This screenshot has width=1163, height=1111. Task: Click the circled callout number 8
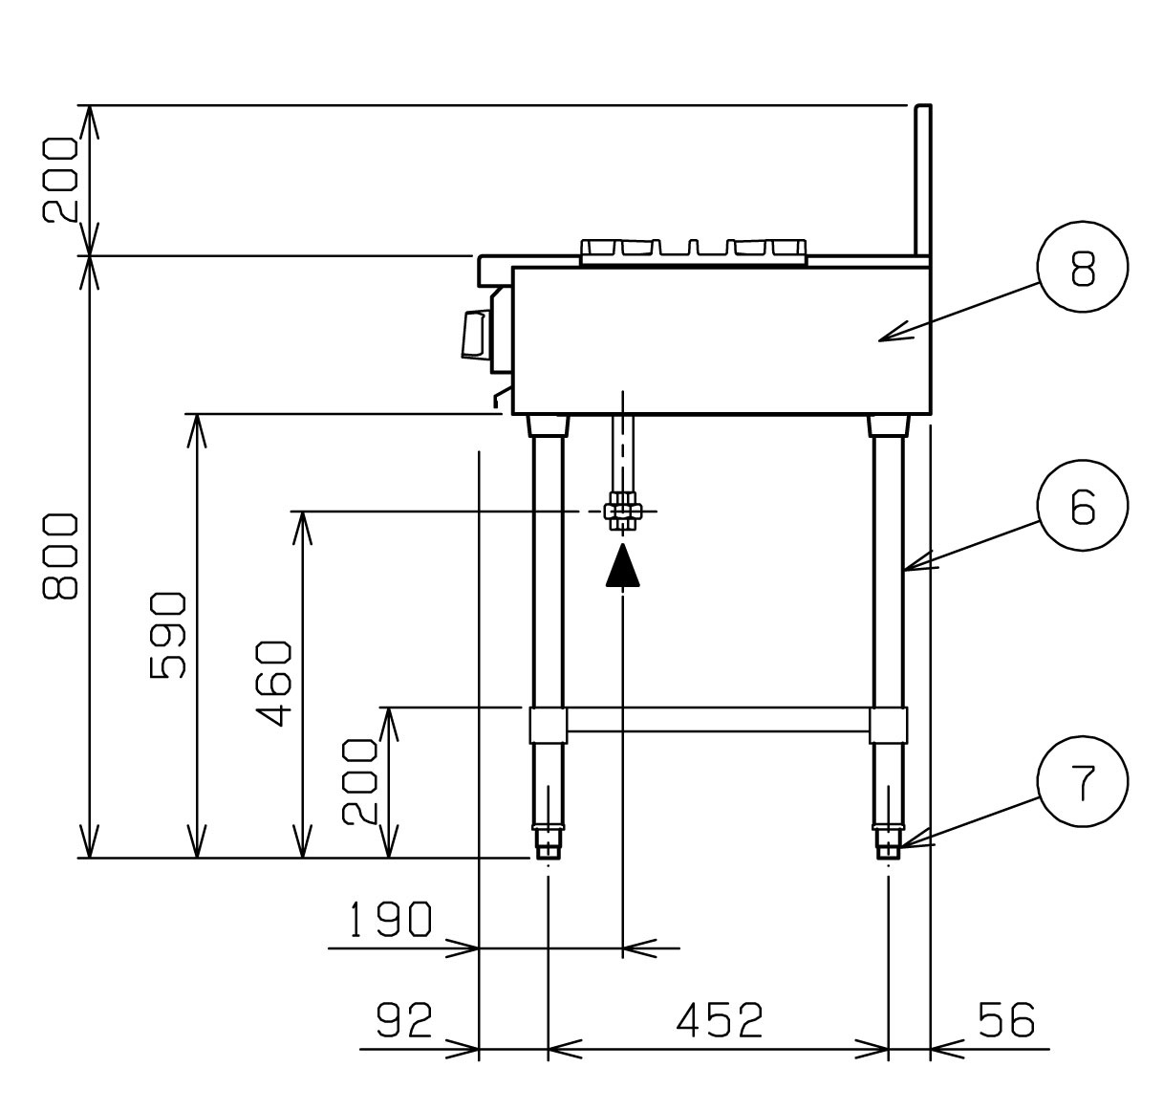[x=1083, y=267]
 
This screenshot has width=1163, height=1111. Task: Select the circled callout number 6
[x=1083, y=505]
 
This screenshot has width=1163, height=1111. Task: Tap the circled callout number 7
[x=1083, y=781]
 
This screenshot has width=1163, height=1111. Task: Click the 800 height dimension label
[x=60, y=556]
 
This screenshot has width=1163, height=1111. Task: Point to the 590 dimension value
[x=168, y=635]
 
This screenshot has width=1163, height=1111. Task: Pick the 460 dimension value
[x=273, y=684]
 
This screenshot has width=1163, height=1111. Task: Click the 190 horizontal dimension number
[x=390, y=919]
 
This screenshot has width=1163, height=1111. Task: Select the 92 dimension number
[x=404, y=1020]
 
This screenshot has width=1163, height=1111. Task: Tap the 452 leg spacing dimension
[x=720, y=1020]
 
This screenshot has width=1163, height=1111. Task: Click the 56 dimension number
[x=1006, y=1020]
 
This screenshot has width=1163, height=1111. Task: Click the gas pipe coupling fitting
[x=623, y=512]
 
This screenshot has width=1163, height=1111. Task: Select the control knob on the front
[x=476, y=335]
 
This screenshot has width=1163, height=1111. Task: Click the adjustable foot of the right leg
[x=888, y=843]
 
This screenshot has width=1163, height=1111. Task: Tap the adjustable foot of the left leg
[x=548, y=843]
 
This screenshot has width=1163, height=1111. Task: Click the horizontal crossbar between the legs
[x=718, y=719]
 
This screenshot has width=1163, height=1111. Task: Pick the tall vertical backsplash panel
[x=923, y=181]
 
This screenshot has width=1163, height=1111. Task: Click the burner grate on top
[x=693, y=251]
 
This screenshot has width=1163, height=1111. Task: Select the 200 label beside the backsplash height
[x=60, y=180]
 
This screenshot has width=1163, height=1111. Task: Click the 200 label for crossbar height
[x=360, y=781]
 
